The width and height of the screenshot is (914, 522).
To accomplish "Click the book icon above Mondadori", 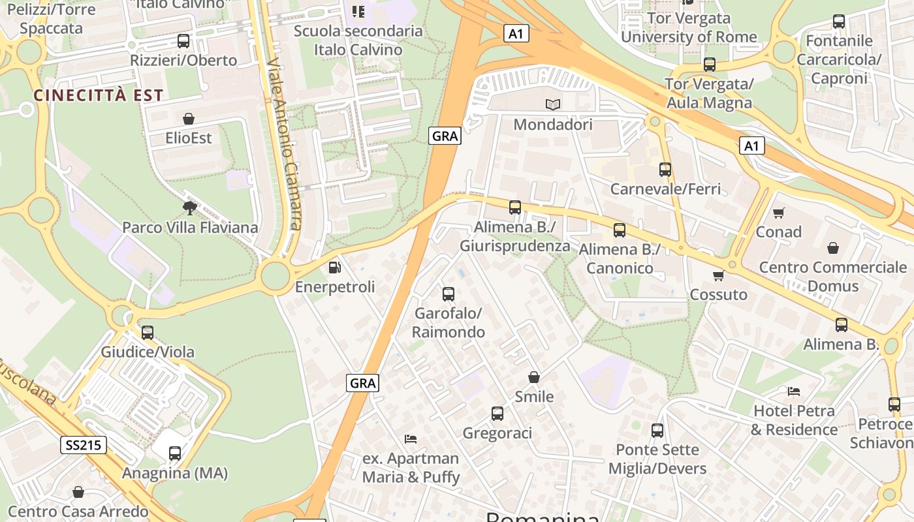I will pyautogui.click(x=553, y=104).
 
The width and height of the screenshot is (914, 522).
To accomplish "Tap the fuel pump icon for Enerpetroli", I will pyautogui.click(x=334, y=267).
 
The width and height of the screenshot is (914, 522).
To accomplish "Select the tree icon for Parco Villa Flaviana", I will pyautogui.click(x=190, y=207).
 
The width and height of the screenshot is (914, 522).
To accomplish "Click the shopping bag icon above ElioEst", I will pyautogui.click(x=189, y=119).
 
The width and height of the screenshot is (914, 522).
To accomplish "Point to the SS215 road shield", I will pyautogui.click(x=84, y=446).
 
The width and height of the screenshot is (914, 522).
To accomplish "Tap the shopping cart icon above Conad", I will pyautogui.click(x=778, y=213).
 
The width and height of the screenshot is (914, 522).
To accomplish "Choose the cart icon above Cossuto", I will pyautogui.click(x=719, y=275).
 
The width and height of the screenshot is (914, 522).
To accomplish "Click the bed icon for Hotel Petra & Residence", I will pyautogui.click(x=794, y=391).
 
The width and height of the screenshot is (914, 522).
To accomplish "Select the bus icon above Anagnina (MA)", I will pyautogui.click(x=175, y=453).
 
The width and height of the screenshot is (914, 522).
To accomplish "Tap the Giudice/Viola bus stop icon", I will pyautogui.click(x=148, y=332).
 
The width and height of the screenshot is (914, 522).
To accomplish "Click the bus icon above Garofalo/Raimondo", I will pyautogui.click(x=449, y=294).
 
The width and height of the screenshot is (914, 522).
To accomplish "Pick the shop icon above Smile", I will pyautogui.click(x=534, y=377).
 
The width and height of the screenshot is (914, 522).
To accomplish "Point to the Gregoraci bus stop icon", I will pyautogui.click(x=497, y=413).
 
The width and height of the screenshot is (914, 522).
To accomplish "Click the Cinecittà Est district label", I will pyautogui.click(x=98, y=95).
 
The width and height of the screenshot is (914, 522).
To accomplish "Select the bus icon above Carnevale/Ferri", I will pyautogui.click(x=665, y=170).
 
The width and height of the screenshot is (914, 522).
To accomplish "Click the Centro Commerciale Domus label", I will pyautogui.click(x=833, y=277).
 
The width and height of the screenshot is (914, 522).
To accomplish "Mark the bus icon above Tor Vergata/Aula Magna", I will pyautogui.click(x=710, y=65).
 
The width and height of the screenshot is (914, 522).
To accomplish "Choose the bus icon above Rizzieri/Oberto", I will pyautogui.click(x=183, y=41).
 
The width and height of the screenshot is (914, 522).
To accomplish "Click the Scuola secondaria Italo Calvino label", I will pyautogui.click(x=358, y=40).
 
